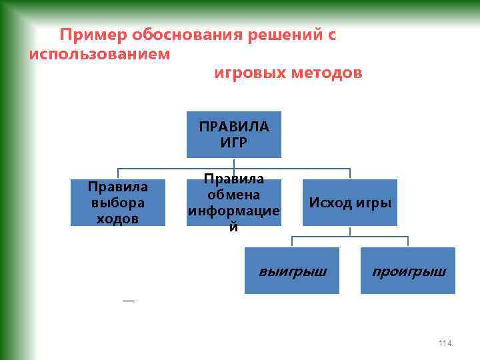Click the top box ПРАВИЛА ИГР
click(233, 134)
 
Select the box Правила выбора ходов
click(118, 203)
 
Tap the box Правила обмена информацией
click(233, 203)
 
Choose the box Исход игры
click(350, 203)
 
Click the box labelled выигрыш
click(292, 271)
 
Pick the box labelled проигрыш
click(408, 271)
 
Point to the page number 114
click(445, 343)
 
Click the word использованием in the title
click(99, 54)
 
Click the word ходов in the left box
click(118, 219)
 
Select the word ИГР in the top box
click(233, 142)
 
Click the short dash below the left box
click(128, 301)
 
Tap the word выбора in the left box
click(118, 203)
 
